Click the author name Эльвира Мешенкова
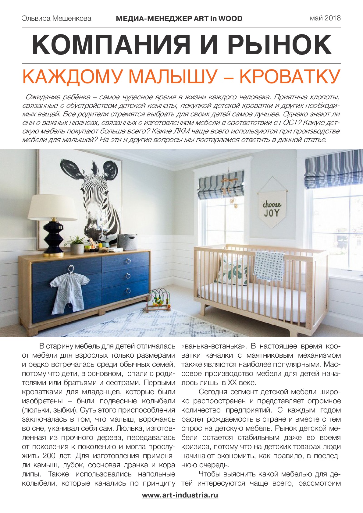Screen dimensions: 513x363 (x=56, y=19)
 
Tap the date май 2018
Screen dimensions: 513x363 (x=325, y=18)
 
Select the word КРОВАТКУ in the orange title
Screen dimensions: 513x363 (x=289, y=77)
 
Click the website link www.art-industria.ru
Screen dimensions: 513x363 (x=180, y=495)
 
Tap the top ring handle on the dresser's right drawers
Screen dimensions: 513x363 (x=128, y=261)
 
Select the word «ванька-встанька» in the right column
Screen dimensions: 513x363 (x=214, y=346)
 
